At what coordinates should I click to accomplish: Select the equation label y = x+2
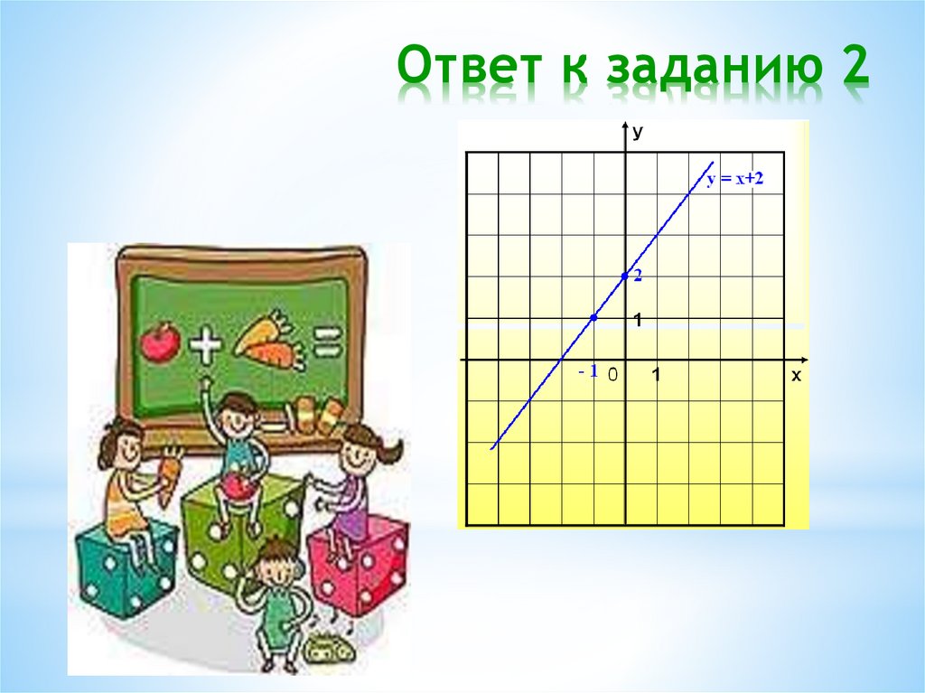coord(735,180)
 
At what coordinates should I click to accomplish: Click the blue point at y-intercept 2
coord(625,276)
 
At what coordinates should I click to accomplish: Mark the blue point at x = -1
coord(593,317)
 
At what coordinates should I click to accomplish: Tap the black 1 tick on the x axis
coord(657,374)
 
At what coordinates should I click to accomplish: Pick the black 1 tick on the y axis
coord(638,321)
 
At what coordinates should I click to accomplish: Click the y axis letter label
coord(638,133)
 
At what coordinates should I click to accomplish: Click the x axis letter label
coord(796,376)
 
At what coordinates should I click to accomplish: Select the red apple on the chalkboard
coord(161,342)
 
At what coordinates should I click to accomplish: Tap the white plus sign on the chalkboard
coord(206,344)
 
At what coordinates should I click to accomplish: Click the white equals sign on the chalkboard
coord(326,343)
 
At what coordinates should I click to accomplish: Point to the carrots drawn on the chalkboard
coord(269,341)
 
